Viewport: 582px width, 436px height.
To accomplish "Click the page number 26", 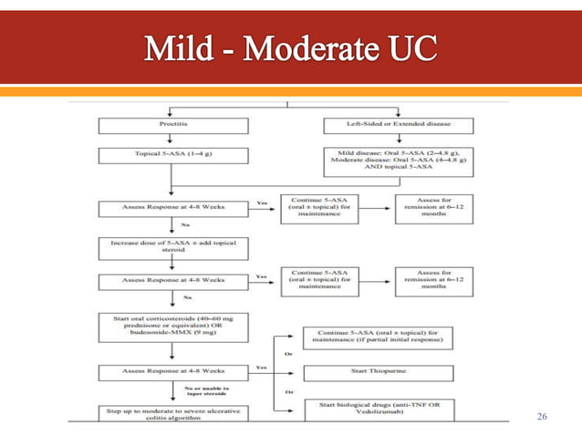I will (543, 417).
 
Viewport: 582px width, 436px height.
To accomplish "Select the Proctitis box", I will (174, 123).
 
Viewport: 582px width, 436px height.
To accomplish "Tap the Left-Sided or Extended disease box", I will (399, 123).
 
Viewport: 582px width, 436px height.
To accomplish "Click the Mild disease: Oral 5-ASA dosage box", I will (399, 161).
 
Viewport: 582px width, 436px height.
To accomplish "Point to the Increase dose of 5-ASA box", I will (174, 246).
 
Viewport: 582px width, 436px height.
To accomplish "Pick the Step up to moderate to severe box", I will (174, 414).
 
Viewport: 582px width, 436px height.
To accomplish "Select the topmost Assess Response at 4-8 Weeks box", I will (174, 206).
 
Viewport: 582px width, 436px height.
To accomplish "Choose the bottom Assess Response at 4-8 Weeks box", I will (174, 371).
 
